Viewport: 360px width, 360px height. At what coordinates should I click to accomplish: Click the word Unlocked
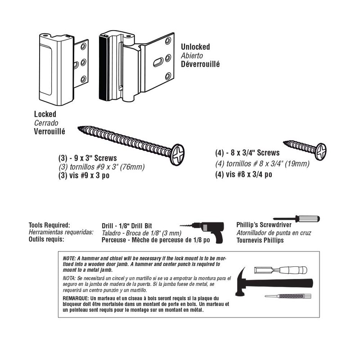pos(195,47)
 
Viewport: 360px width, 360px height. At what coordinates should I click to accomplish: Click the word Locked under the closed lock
pos(45,114)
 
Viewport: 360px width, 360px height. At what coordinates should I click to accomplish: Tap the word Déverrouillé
pos(200,64)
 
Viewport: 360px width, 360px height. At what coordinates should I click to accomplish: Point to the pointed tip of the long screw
pos(81,129)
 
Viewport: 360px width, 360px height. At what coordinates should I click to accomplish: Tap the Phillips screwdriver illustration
pos(297,219)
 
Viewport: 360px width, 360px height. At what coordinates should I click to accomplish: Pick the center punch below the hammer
pos(286,296)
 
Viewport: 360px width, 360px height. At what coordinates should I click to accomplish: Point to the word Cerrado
pos(46,123)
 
